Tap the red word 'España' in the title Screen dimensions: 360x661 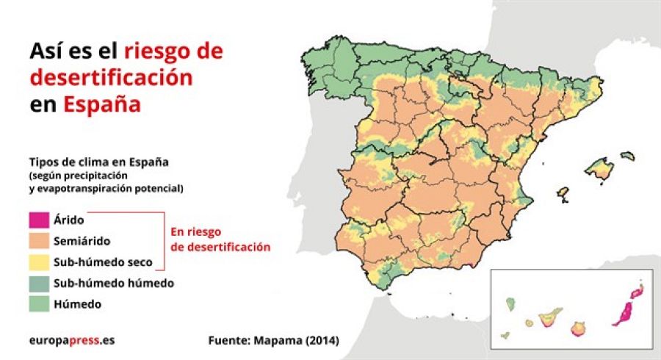click(101, 104)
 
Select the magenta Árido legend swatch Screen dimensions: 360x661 click(38, 219)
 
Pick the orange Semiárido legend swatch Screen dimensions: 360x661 click(38, 240)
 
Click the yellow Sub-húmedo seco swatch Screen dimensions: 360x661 click(38, 262)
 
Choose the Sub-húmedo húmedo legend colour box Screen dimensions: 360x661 click(38, 283)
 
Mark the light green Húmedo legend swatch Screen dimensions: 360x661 click(38, 303)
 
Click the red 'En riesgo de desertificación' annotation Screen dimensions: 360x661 click(220, 240)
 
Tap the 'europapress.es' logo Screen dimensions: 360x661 click(72, 341)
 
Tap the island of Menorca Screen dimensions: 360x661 click(627, 156)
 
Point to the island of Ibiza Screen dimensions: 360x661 click(563, 194)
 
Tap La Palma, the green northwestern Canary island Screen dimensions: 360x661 click(510, 303)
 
